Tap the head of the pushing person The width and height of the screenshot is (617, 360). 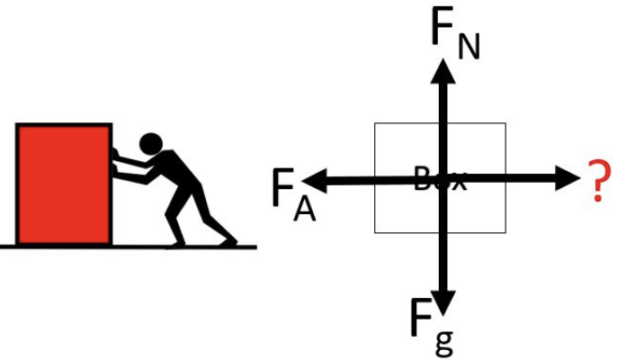(x=151, y=143)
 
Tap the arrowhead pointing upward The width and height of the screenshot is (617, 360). (x=443, y=70)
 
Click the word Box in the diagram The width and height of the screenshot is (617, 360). (x=441, y=180)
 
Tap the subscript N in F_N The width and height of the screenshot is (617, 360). (x=468, y=45)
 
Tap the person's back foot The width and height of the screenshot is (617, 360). (x=226, y=240)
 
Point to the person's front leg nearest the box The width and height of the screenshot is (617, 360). (x=175, y=216)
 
